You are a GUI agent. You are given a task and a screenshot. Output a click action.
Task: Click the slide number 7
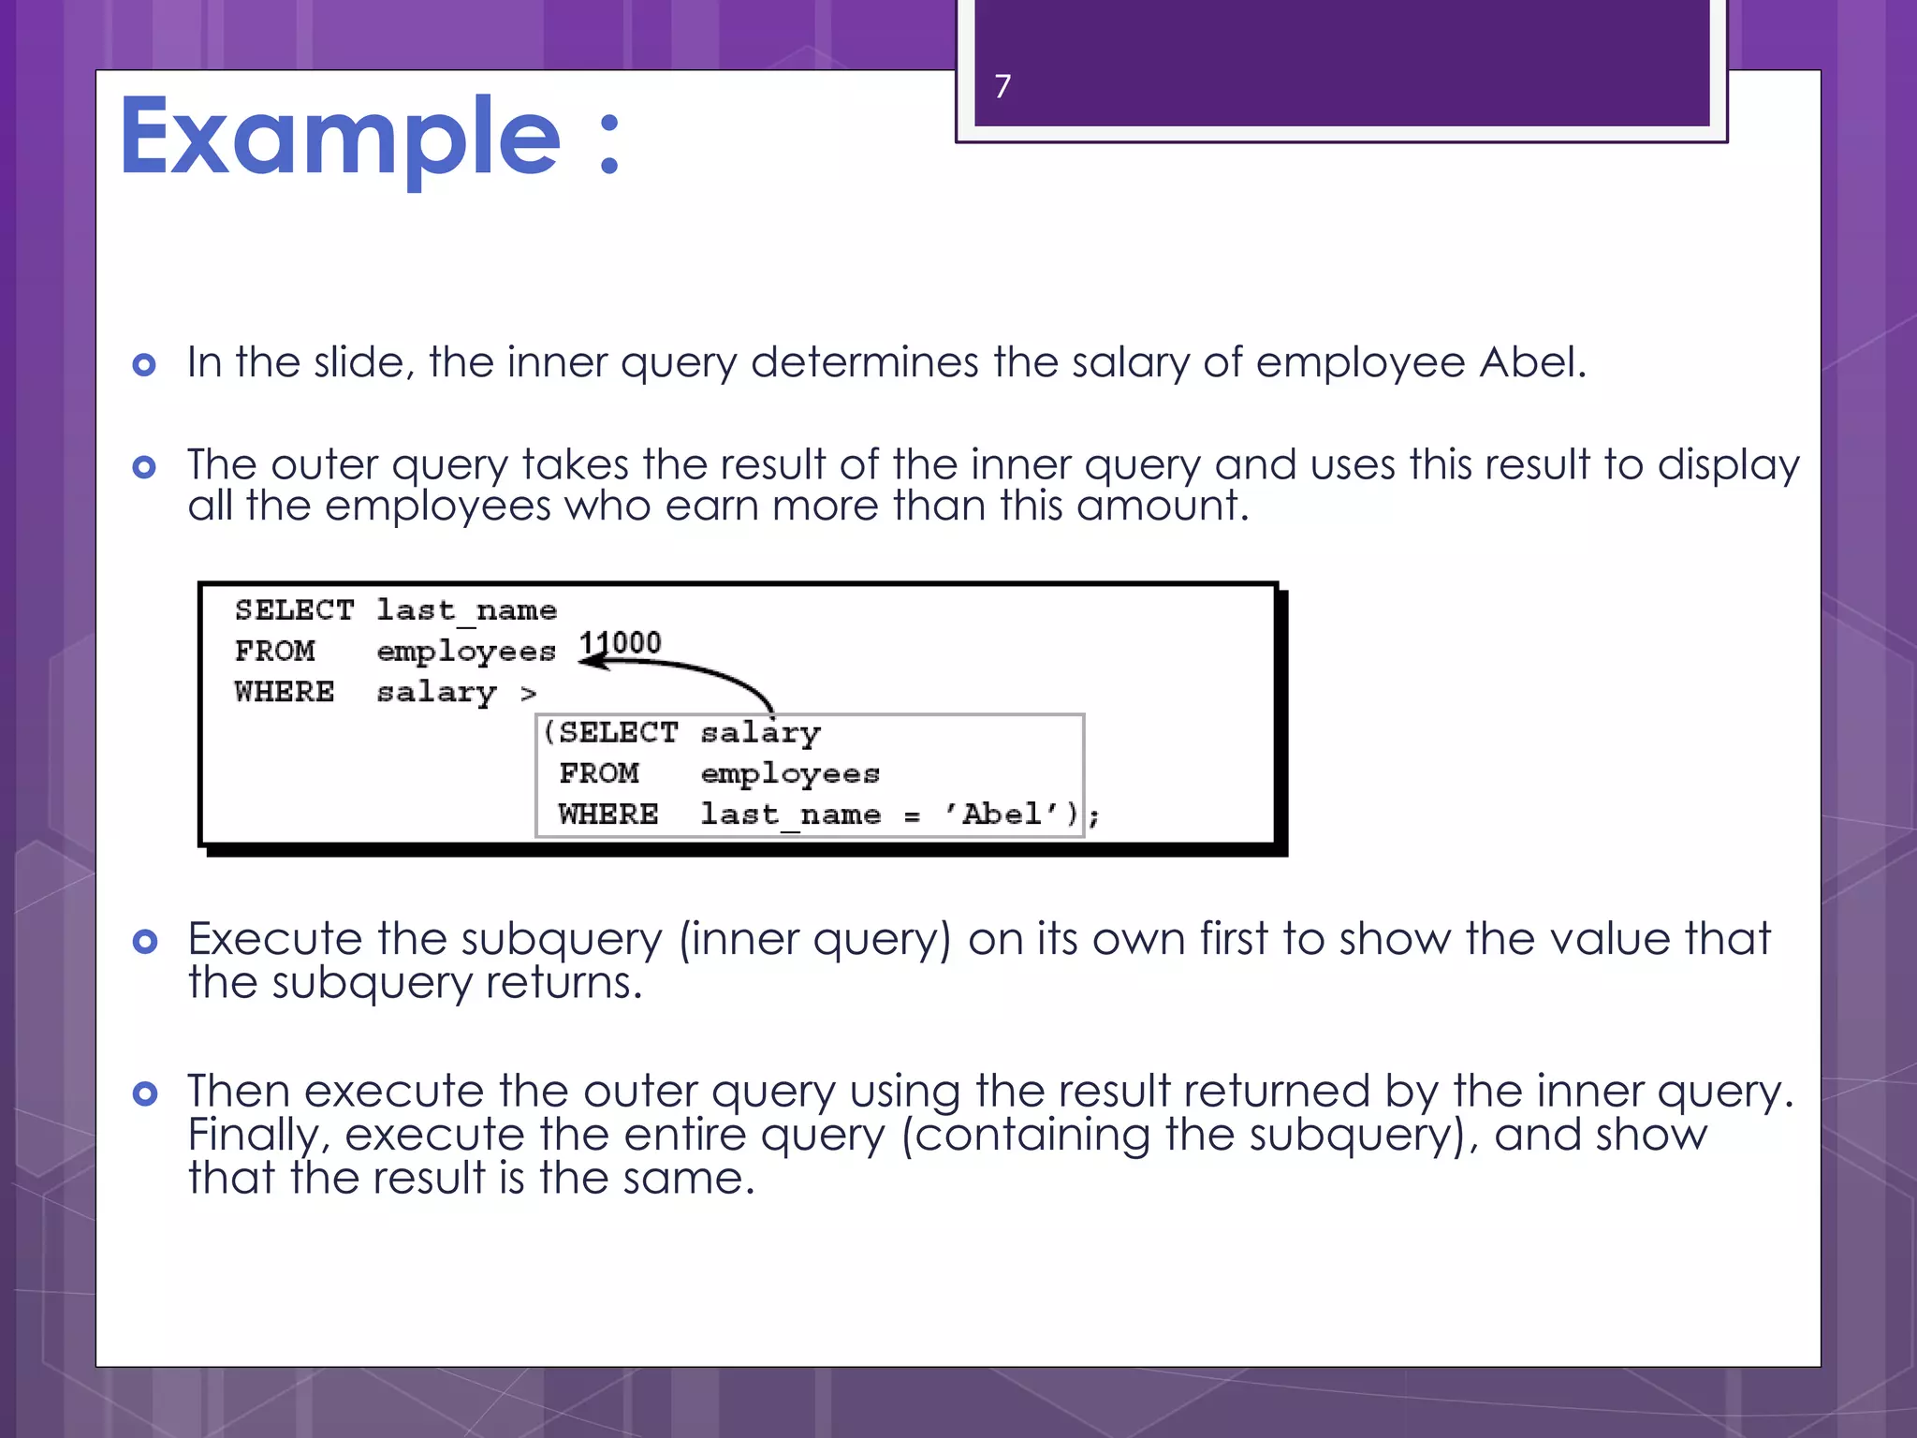click(1002, 87)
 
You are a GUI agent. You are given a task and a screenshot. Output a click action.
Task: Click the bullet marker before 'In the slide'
click(144, 364)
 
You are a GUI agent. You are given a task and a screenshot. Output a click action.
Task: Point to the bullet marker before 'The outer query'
click(144, 466)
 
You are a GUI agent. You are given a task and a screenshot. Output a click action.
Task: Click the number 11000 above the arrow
click(620, 643)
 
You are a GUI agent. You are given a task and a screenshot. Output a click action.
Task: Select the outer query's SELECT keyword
click(294, 610)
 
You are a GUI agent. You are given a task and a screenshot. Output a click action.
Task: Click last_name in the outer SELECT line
click(466, 611)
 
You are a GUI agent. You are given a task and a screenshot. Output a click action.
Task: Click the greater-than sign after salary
click(529, 694)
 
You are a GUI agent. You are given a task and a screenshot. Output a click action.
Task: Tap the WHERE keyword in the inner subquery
click(608, 814)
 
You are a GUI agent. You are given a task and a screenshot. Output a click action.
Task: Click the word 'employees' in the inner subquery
click(790, 774)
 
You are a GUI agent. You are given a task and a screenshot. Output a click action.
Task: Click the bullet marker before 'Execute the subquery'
click(144, 941)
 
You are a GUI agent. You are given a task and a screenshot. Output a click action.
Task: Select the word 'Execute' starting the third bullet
click(274, 940)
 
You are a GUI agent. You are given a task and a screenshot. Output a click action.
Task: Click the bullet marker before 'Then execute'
click(144, 1093)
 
